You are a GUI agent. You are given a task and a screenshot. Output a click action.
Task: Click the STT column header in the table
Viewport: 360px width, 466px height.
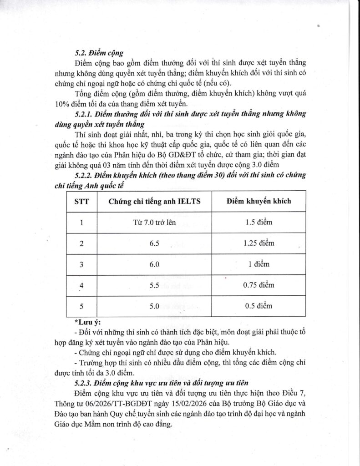tap(81, 201)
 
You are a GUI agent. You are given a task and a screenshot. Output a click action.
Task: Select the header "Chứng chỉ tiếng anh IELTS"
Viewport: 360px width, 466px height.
tap(154, 201)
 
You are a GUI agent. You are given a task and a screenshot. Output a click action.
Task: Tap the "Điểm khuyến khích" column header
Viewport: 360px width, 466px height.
tap(259, 201)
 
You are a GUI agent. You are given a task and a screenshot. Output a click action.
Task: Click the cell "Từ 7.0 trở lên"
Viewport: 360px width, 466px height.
tap(154, 223)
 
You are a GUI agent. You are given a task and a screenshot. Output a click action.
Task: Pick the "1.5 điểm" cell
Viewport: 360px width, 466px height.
tap(259, 223)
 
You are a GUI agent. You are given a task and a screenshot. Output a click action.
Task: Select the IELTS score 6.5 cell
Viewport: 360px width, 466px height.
tap(154, 243)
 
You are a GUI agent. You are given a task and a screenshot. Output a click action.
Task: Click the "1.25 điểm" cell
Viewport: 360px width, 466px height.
tap(259, 243)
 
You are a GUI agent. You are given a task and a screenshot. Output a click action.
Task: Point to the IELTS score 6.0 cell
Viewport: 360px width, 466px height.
tap(154, 264)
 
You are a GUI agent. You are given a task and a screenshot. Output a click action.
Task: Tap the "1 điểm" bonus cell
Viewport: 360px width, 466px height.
tap(259, 264)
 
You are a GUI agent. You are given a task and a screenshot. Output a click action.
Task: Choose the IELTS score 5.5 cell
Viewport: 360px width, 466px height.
tap(154, 285)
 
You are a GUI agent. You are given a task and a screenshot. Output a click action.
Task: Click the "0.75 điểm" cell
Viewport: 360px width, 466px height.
tap(259, 285)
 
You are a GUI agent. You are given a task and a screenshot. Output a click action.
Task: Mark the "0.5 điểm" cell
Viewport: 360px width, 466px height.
tap(259, 306)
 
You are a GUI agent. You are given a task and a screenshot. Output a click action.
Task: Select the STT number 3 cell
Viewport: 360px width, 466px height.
tap(81, 264)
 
